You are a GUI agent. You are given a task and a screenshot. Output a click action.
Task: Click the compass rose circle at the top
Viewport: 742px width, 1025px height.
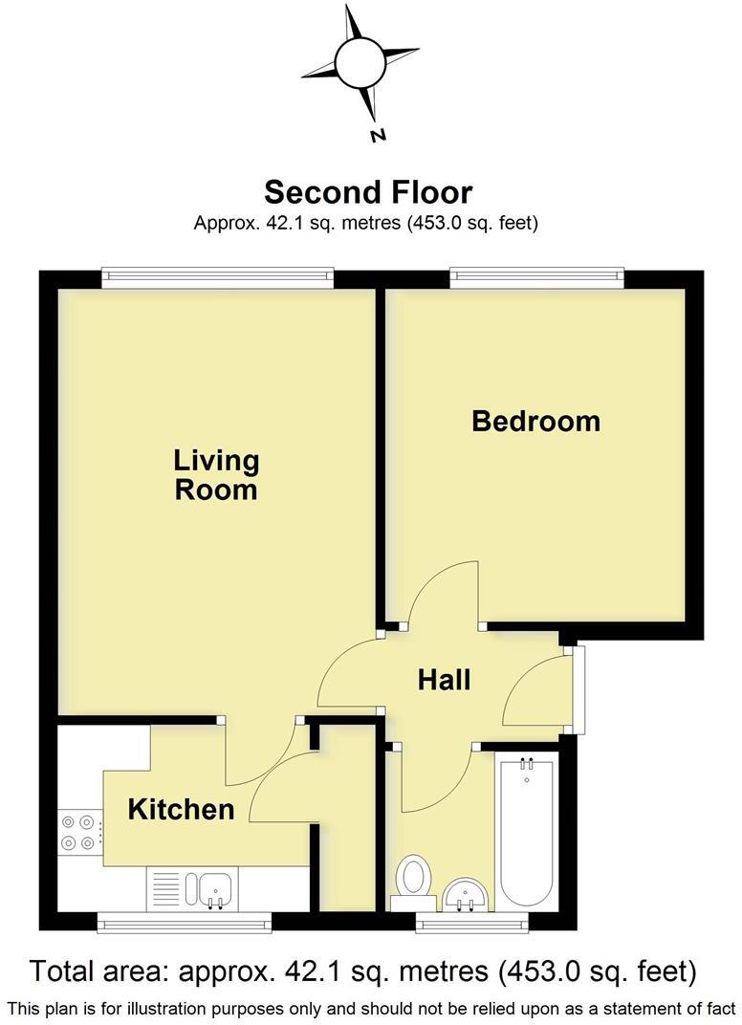click(x=360, y=61)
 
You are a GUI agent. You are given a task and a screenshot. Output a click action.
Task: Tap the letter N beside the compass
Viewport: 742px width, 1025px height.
click(x=378, y=135)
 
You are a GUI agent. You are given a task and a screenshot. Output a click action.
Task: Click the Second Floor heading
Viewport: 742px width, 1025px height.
click(x=368, y=192)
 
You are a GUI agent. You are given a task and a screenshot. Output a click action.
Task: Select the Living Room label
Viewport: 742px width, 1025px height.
click(x=216, y=474)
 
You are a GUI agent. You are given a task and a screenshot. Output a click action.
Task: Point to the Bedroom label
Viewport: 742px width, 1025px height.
click(x=535, y=421)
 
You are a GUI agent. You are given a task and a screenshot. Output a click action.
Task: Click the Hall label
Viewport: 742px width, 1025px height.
click(x=445, y=680)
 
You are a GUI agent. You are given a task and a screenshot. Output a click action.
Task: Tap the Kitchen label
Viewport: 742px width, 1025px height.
click(x=181, y=810)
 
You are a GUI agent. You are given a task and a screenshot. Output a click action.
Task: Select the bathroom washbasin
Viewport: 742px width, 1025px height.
click(x=466, y=895)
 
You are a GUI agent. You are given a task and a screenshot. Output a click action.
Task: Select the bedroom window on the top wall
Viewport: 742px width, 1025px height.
click(x=536, y=278)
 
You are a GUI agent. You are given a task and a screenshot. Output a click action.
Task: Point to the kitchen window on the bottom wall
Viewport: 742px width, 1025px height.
click(x=185, y=921)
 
